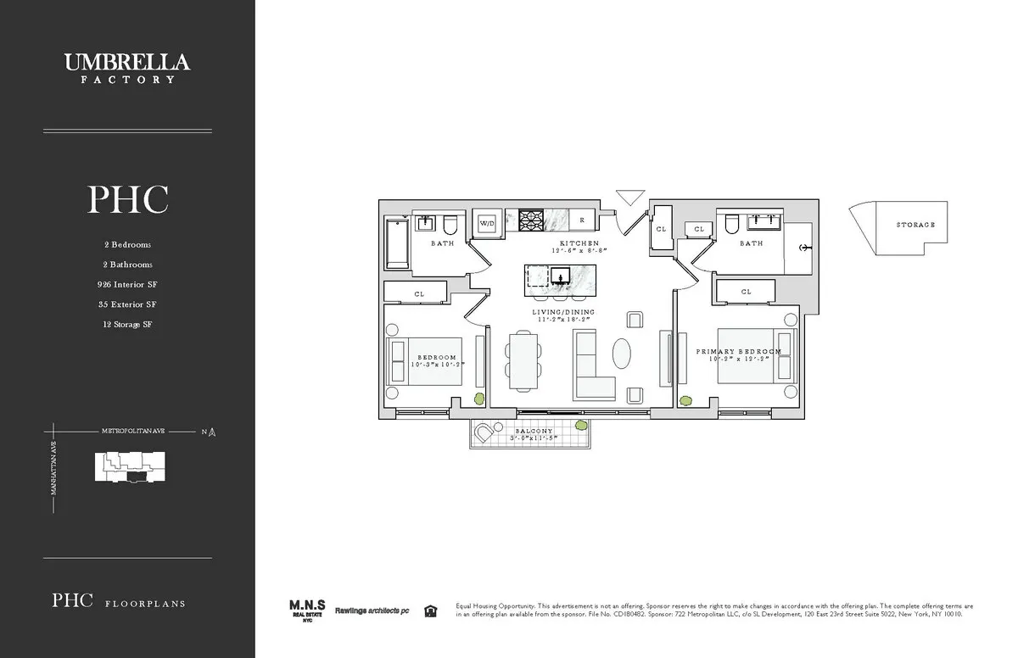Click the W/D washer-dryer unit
(487, 223)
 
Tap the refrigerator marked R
(582, 220)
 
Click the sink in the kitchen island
(561, 276)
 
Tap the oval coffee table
(623, 354)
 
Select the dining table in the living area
(522, 360)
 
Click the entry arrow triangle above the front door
(630, 198)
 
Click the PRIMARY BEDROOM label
(739, 351)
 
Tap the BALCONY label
(534, 432)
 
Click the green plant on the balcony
(581, 426)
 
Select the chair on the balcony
(484, 435)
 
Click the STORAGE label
(915, 225)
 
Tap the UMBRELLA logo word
(127, 62)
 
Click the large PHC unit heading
(127, 200)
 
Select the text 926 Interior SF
(127, 284)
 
